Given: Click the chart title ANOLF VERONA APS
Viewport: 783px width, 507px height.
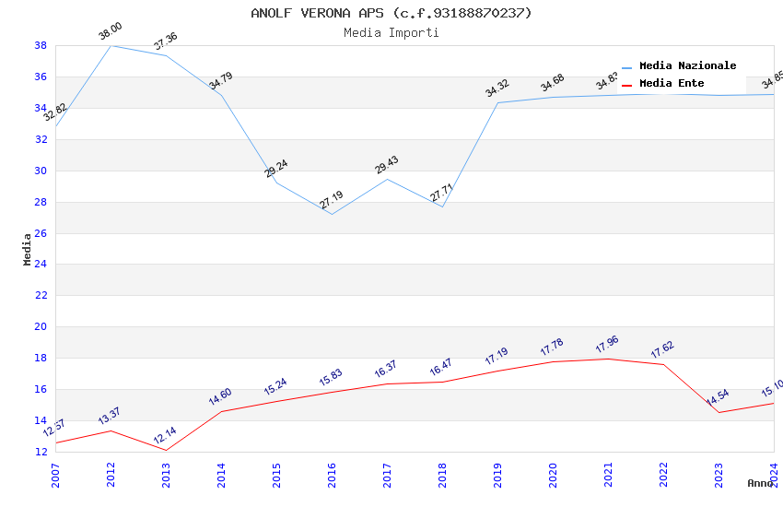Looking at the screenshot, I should point(391,13).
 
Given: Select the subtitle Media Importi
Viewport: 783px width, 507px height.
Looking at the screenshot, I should point(391,33).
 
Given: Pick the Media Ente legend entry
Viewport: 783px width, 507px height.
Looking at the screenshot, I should point(672,84).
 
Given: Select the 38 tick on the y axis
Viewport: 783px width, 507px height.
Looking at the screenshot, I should point(41,45).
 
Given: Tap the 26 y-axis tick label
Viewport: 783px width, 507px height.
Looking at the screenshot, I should point(41,233).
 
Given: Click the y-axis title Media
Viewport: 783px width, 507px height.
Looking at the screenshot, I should point(28,249).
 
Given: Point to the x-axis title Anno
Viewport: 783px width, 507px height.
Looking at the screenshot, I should point(760,483).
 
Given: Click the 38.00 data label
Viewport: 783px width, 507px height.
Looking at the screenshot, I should point(111,33).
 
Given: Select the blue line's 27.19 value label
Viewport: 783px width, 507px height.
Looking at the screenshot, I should point(332,200).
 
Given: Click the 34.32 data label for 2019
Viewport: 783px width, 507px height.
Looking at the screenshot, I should point(497,88).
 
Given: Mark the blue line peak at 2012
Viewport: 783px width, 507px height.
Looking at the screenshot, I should point(111,45).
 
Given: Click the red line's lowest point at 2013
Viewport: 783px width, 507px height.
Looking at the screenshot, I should point(166,450).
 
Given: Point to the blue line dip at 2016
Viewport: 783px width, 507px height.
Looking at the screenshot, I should point(332,214).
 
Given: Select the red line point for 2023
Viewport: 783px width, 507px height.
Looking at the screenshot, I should point(719,412).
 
